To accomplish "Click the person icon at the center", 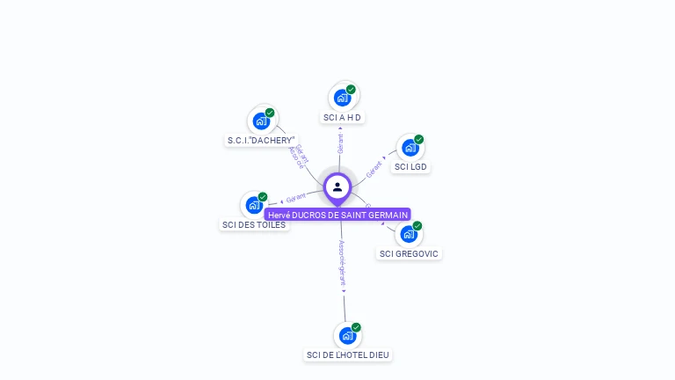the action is click(337, 186).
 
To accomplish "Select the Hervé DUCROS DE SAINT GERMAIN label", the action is click(337, 215).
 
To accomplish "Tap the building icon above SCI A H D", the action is click(342, 98).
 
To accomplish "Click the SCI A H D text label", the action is click(342, 117).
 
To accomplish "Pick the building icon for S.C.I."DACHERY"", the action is click(261, 121).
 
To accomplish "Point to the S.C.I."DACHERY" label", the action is click(261, 140).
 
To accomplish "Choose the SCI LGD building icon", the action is click(410, 148).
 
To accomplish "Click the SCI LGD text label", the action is click(411, 166).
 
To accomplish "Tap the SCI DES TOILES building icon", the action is click(254, 205).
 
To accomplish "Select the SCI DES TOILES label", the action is click(254, 224).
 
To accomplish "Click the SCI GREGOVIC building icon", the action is click(409, 234).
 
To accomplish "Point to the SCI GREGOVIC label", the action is click(409, 253).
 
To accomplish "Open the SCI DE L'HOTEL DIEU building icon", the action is click(347, 335).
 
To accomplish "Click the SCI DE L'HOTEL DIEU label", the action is click(347, 354).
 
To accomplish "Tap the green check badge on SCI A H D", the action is click(351, 89).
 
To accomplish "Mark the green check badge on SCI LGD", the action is click(419, 139).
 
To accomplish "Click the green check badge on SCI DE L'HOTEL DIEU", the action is click(356, 327).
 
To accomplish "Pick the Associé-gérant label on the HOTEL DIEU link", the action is click(343, 264).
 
